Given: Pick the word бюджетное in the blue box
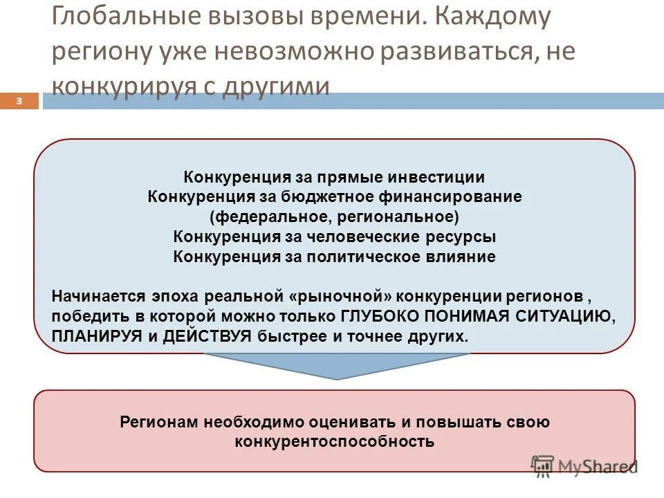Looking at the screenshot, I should (x=297, y=197).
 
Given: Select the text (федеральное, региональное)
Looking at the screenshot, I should (x=334, y=217).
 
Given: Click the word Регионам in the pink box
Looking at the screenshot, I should (x=158, y=422).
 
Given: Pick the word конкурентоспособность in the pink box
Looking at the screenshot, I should (x=334, y=441).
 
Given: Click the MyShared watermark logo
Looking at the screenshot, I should (x=584, y=466).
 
